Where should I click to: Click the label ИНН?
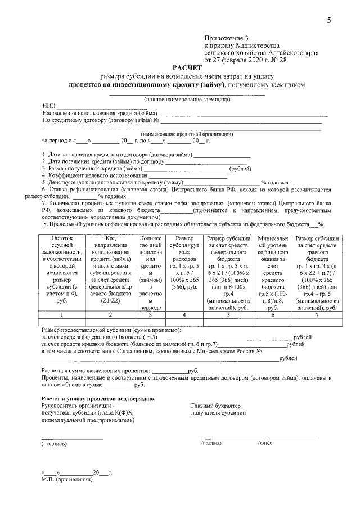48,106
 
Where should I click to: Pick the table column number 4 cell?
184,314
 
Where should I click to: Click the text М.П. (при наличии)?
66,480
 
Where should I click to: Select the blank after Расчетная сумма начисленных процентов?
169,371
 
